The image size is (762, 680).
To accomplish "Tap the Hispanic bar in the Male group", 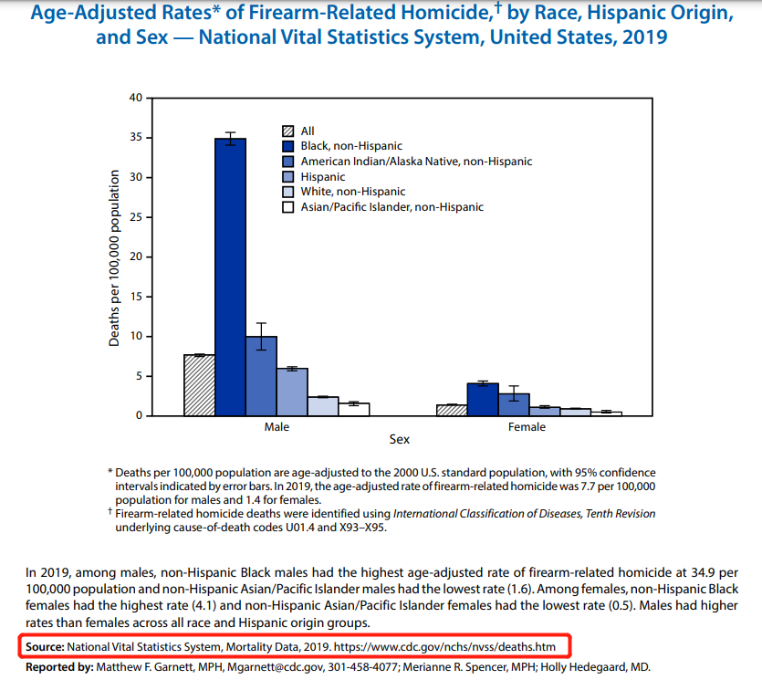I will tap(292, 392).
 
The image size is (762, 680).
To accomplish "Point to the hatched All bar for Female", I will tap(452, 410).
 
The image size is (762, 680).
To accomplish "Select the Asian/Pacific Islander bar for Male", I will tap(354, 409).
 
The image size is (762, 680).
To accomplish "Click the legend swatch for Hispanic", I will tap(288, 177).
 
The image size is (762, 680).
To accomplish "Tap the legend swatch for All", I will tap(288, 131).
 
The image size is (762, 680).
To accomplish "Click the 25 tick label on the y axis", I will tap(136, 217).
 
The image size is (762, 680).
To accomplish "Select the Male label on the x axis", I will tap(277, 426).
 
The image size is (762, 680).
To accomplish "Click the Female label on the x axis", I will tap(527, 426).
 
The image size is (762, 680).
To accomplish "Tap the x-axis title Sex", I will tap(400, 440).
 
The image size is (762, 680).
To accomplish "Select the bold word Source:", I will tap(45, 647).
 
